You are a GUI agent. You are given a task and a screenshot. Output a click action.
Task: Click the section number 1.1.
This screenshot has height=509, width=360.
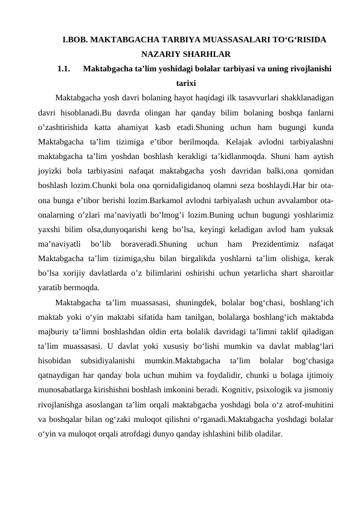click(x=65, y=69)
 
